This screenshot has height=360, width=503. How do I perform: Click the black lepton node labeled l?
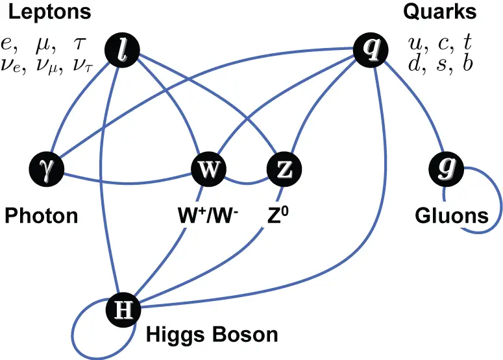pos(124,49)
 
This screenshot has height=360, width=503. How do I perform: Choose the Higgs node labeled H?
pos(123,310)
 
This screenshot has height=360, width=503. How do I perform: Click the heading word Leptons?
pos(49,12)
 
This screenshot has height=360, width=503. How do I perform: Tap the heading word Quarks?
pos(439,12)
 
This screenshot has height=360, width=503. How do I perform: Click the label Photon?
pos(42,215)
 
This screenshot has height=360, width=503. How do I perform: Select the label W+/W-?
pos(207,215)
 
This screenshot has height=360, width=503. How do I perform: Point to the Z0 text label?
pos(276,215)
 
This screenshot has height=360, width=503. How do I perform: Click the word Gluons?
pos(451,215)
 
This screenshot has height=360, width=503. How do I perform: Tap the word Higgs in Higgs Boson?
pos(171,335)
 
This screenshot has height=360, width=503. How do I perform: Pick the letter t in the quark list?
pos(465,42)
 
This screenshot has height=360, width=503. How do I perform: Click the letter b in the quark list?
pos(466,64)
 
